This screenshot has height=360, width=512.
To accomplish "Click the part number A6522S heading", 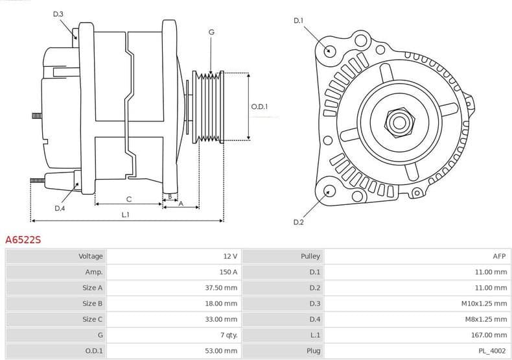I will (x=23, y=240).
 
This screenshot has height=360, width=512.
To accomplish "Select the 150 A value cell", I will (x=227, y=272).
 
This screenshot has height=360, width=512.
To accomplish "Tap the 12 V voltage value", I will (x=230, y=256).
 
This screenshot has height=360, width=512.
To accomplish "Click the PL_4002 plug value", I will (x=493, y=351).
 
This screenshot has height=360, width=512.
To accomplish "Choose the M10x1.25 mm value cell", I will (x=485, y=304).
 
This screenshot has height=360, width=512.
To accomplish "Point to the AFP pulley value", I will (x=498, y=256).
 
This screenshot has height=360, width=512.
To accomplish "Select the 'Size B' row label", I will (x=92, y=304).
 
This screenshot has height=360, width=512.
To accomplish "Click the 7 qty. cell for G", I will (x=229, y=335).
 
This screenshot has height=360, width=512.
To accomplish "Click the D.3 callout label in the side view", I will (x=58, y=14).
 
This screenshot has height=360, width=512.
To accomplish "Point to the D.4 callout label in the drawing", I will (x=60, y=208).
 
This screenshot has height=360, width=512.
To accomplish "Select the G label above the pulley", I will (x=211, y=32).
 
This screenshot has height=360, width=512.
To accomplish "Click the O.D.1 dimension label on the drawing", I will (x=259, y=107).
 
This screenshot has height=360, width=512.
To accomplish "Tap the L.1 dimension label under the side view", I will (x=125, y=214).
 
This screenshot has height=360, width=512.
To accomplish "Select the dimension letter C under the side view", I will (x=128, y=198).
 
